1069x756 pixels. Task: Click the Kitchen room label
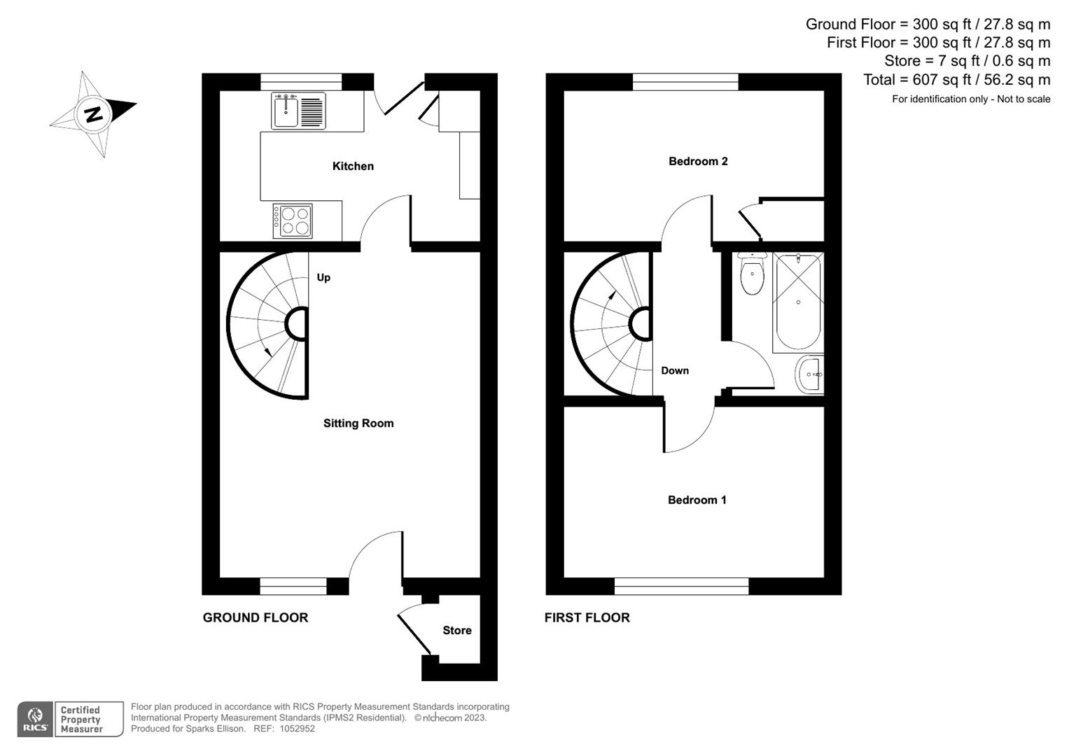tap(353, 166)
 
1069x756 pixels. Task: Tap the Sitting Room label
tap(358, 423)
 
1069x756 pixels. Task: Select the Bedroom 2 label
tap(698, 161)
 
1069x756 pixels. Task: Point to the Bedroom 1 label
tap(697, 500)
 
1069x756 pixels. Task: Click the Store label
tap(456, 630)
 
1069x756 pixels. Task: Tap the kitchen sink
tap(298, 111)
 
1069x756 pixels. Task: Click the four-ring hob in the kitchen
tap(293, 220)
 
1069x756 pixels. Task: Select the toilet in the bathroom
tap(752, 275)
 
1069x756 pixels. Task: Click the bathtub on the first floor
tap(798, 302)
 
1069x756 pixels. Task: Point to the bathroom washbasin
tap(810, 374)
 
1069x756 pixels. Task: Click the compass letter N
tap(93, 113)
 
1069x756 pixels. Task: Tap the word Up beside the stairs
tap(323, 277)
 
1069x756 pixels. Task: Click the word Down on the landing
tap(675, 370)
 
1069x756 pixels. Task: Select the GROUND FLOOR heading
tap(256, 617)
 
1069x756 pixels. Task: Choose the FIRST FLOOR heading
tap(587, 617)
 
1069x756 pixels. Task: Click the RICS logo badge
tap(35, 719)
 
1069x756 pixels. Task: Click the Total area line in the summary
tap(956, 80)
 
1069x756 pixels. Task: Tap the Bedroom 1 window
tap(681, 587)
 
